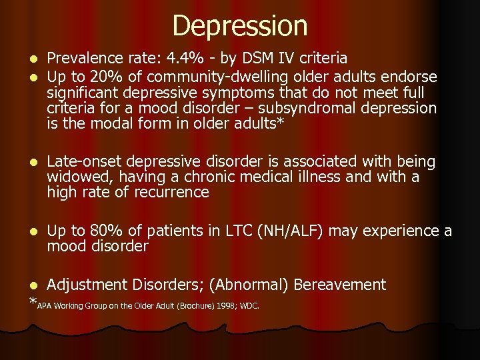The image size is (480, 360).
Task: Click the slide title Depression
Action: [x=240, y=26]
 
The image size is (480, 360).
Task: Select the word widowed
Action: [x=73, y=177]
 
